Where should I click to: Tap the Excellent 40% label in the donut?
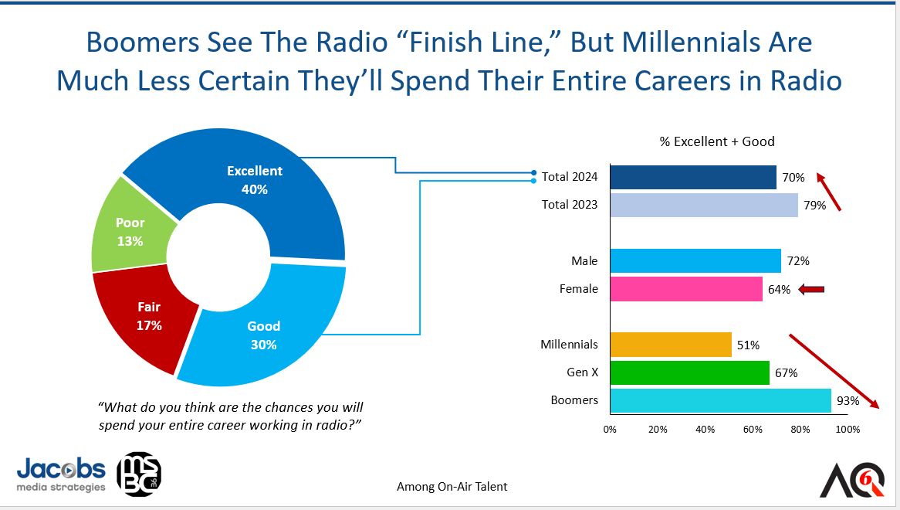(x=254, y=179)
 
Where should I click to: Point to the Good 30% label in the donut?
(x=263, y=335)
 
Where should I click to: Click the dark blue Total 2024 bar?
(x=692, y=177)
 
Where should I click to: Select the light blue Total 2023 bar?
(x=703, y=205)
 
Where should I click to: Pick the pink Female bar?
(x=686, y=289)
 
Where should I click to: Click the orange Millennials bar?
(x=670, y=345)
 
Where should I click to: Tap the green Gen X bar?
(x=689, y=372)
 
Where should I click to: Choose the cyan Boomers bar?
(x=720, y=400)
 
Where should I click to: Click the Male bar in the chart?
(x=695, y=261)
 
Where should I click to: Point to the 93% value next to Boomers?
(x=847, y=401)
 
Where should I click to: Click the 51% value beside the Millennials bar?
(x=748, y=345)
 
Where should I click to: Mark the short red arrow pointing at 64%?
(x=811, y=290)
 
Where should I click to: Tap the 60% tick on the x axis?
(x=753, y=430)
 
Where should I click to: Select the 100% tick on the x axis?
(x=848, y=430)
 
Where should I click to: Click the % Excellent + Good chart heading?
(x=716, y=141)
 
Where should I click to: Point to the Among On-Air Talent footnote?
(x=452, y=486)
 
